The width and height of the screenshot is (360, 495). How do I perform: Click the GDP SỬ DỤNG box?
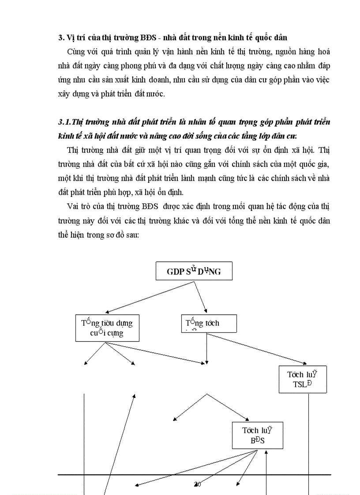[x=194, y=272]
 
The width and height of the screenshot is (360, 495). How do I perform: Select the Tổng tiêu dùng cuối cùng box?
[x=107, y=328]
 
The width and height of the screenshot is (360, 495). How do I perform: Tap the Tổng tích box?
[x=209, y=323]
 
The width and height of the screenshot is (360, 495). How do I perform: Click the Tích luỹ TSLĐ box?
[x=303, y=379]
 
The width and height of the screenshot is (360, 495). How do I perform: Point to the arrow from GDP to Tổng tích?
[x=201, y=296]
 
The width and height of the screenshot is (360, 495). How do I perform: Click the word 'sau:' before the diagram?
[x=130, y=234]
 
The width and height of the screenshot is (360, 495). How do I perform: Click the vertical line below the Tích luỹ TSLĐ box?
[x=308, y=441]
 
